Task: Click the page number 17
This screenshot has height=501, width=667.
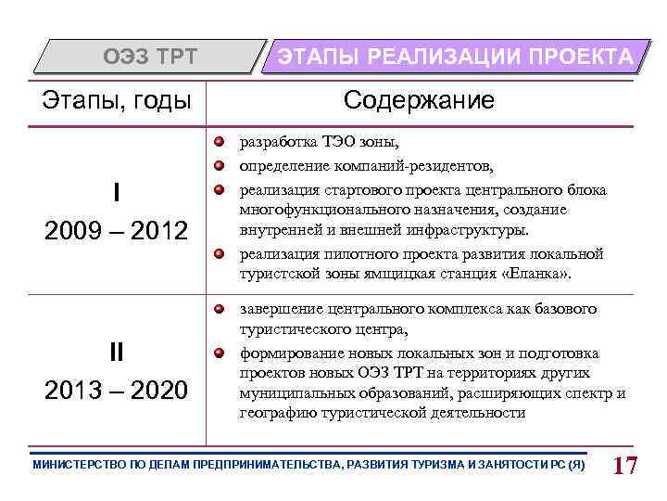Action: click(625, 465)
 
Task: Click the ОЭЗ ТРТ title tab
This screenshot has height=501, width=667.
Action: click(149, 57)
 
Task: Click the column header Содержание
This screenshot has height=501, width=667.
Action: click(419, 100)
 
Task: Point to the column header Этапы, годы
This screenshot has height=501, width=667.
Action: click(118, 100)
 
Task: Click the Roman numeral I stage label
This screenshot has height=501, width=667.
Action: click(116, 192)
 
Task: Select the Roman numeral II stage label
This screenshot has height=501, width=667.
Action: click(116, 352)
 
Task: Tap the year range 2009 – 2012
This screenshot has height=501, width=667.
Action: click(116, 229)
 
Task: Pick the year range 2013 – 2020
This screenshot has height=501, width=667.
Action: click(116, 389)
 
